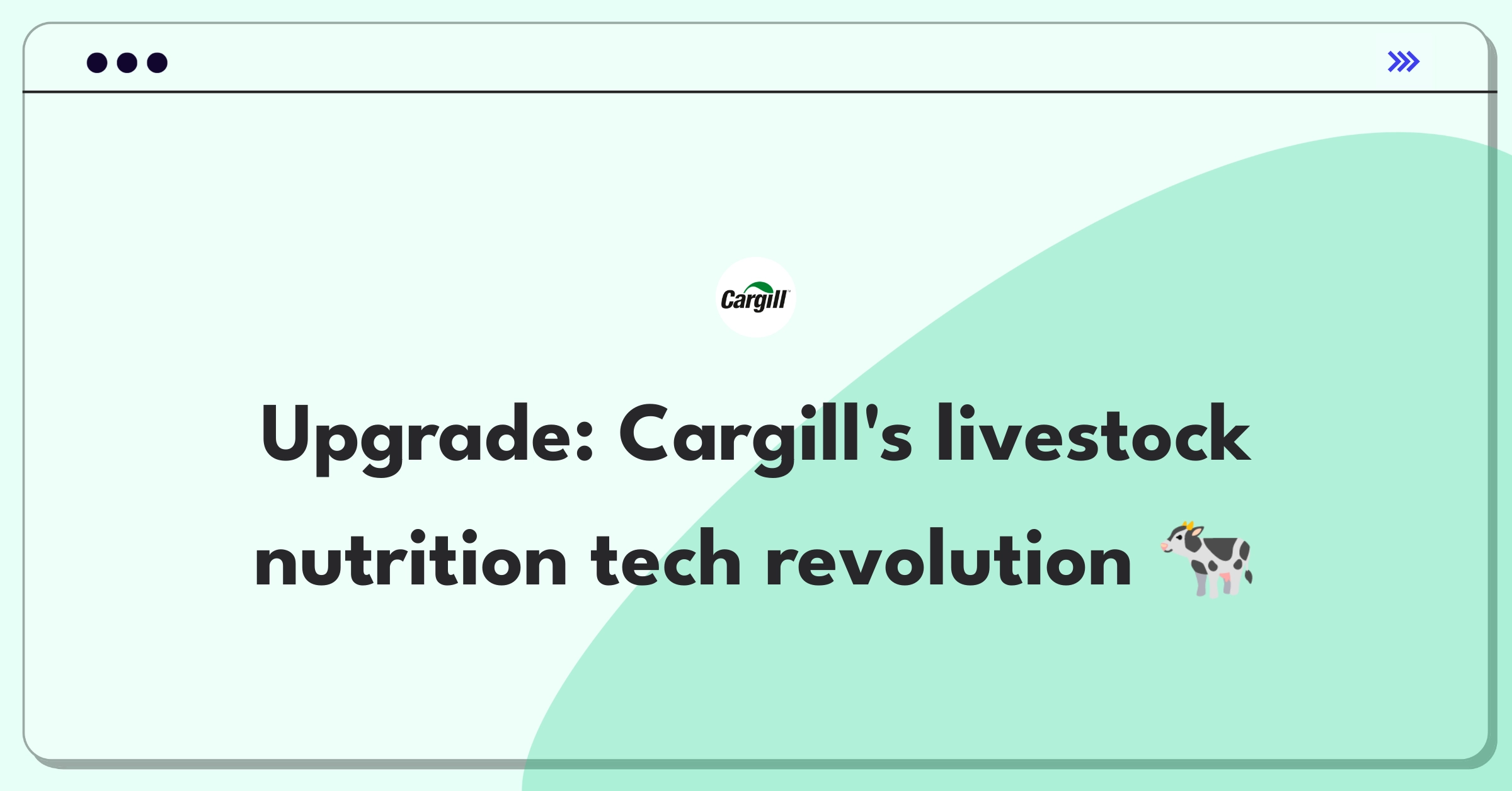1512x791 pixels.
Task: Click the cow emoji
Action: [1207, 559]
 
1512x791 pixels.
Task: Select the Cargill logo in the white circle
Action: [755, 297]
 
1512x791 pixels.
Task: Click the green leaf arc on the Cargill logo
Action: [759, 287]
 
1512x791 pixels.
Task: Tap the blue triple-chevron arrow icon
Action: [1404, 62]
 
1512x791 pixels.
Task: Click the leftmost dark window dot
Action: [97, 63]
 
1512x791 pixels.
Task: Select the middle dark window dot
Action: [127, 63]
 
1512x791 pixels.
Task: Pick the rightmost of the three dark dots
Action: [157, 63]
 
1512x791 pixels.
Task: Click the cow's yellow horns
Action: [1188, 525]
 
